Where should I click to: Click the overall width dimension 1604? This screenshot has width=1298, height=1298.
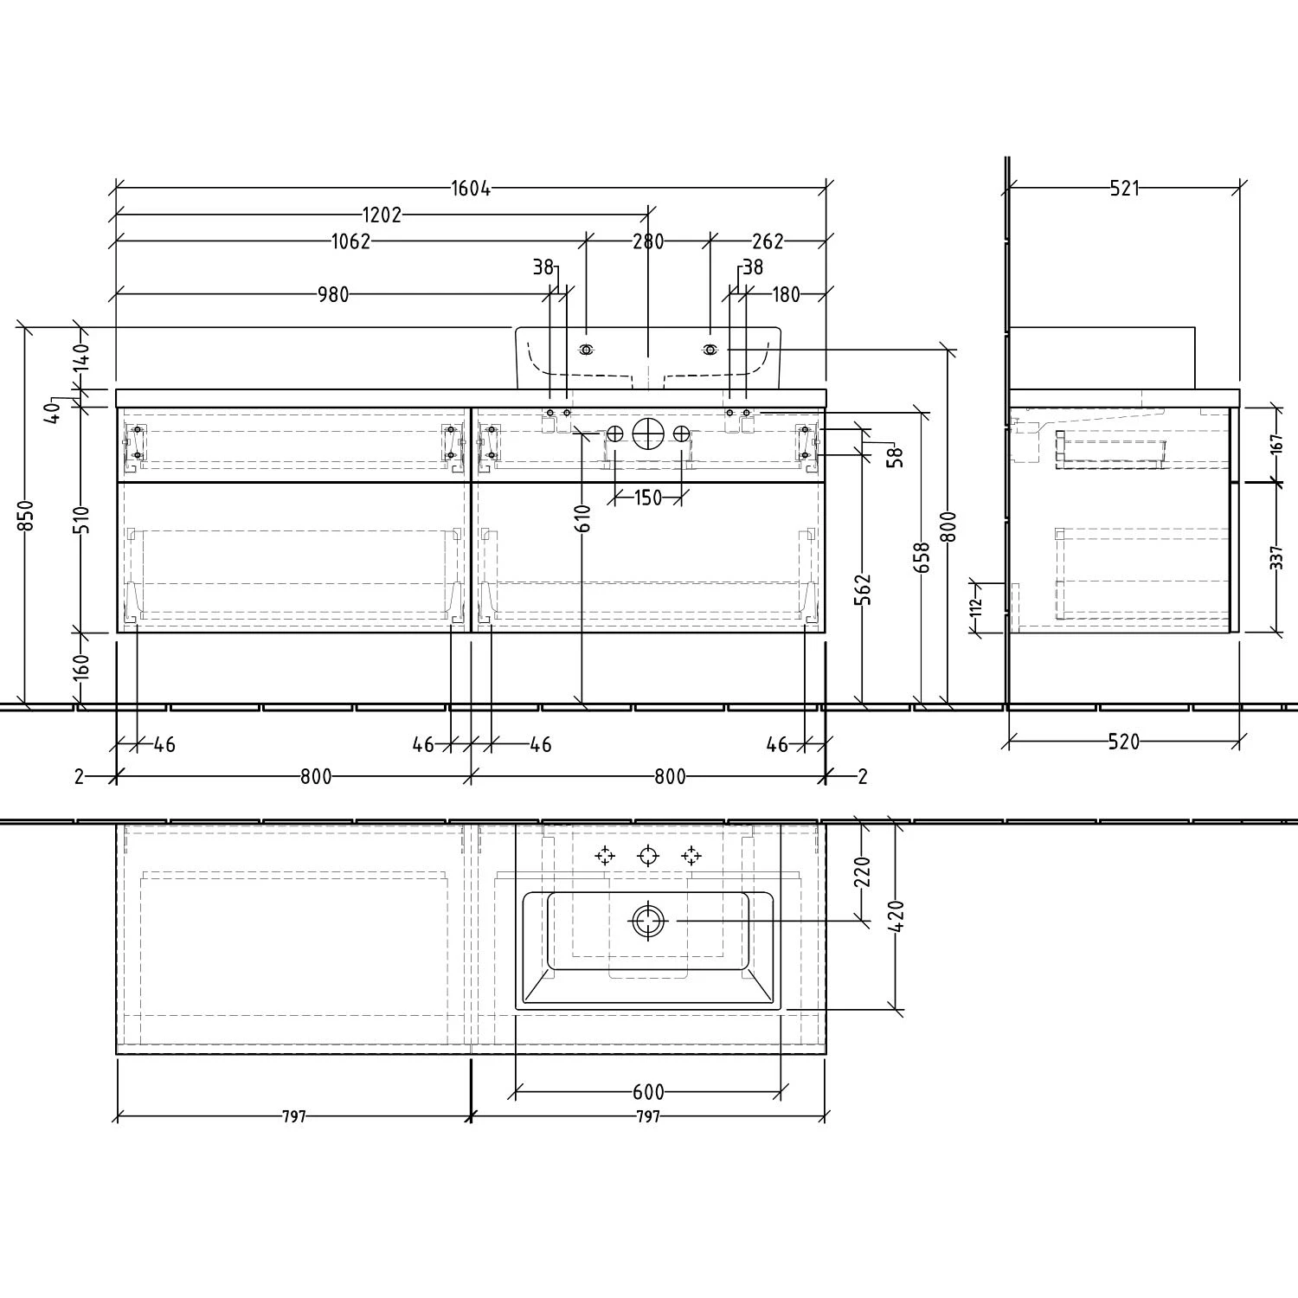(x=471, y=189)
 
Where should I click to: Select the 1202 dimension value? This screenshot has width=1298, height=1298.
(x=382, y=215)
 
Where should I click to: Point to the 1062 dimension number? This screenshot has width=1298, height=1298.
(x=350, y=241)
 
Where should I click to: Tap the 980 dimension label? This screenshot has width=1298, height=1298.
(x=332, y=295)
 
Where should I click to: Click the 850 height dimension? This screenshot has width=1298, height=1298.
(x=26, y=516)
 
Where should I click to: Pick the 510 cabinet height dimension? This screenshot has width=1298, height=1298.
(x=80, y=519)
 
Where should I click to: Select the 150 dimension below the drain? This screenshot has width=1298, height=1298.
(x=648, y=498)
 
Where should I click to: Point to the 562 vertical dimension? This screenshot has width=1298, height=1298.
(x=863, y=588)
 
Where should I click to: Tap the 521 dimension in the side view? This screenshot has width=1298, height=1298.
(x=1124, y=189)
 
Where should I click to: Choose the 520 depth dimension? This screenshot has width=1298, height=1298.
(x=1123, y=742)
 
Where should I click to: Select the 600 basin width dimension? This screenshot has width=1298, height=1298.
(x=648, y=1093)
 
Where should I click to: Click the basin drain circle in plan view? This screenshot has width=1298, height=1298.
(x=647, y=922)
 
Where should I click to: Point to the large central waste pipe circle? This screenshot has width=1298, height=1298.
(x=648, y=433)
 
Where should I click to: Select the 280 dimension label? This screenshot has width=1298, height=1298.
(x=648, y=241)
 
